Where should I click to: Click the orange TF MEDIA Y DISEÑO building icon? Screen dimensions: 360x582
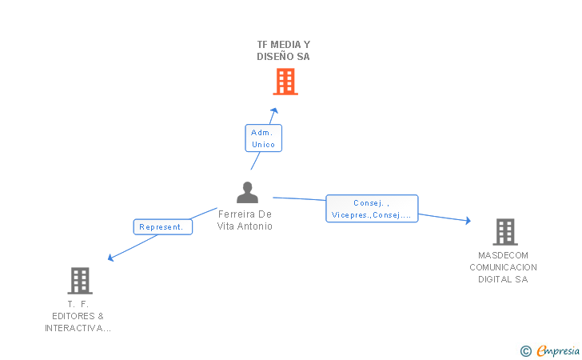coord(285,82)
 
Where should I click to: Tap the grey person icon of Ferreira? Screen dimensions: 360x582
coord(248,193)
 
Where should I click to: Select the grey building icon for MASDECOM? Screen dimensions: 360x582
coord(504,232)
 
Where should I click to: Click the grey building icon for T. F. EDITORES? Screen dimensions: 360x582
coord(79,281)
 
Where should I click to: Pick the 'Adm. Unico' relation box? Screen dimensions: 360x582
coord(263,138)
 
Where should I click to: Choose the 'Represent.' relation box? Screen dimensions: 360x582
coord(162,227)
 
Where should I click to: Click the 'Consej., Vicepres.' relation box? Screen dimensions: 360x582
coord(372,209)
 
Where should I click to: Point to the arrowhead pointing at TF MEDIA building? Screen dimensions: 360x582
coord(274,110)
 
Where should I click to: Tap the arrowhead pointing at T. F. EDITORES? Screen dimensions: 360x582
coord(111,258)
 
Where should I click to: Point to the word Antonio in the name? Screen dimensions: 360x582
coord(256,226)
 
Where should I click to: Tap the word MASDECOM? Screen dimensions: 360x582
coord(504,255)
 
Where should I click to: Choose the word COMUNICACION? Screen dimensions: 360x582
coord(504,267)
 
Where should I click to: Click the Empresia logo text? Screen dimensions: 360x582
coord(557,350)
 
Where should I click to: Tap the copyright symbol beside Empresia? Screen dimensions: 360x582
coord(525,350)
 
